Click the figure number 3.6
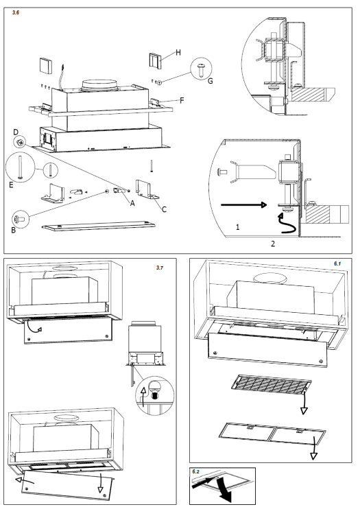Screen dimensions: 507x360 [16, 12]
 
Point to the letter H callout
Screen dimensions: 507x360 [177, 52]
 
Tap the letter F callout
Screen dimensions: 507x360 [182, 100]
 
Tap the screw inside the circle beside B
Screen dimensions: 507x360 [21, 219]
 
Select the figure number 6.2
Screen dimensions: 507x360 [196, 472]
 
